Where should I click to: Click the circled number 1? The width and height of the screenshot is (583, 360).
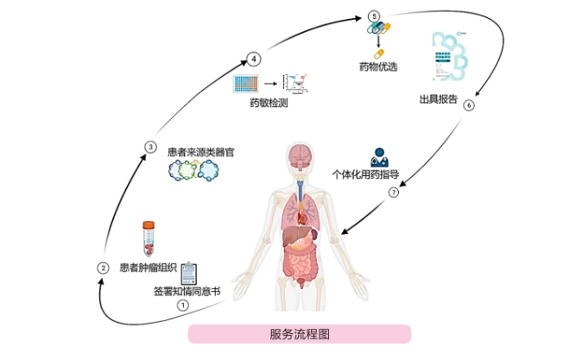[x=182, y=305]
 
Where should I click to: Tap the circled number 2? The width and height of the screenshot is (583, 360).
[x=102, y=268]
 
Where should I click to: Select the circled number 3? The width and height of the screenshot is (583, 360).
[x=150, y=147]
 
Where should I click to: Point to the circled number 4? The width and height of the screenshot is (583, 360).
[x=254, y=59]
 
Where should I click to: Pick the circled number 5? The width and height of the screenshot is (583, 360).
[x=373, y=16]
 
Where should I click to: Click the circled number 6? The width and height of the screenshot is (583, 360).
[x=469, y=106]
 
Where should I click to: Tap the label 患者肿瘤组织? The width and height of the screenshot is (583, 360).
[x=148, y=267]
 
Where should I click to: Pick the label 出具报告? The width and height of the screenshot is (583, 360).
[x=438, y=98]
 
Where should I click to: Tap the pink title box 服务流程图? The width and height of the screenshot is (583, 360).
[x=299, y=334]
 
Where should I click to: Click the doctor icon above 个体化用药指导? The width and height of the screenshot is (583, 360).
[x=378, y=157]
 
